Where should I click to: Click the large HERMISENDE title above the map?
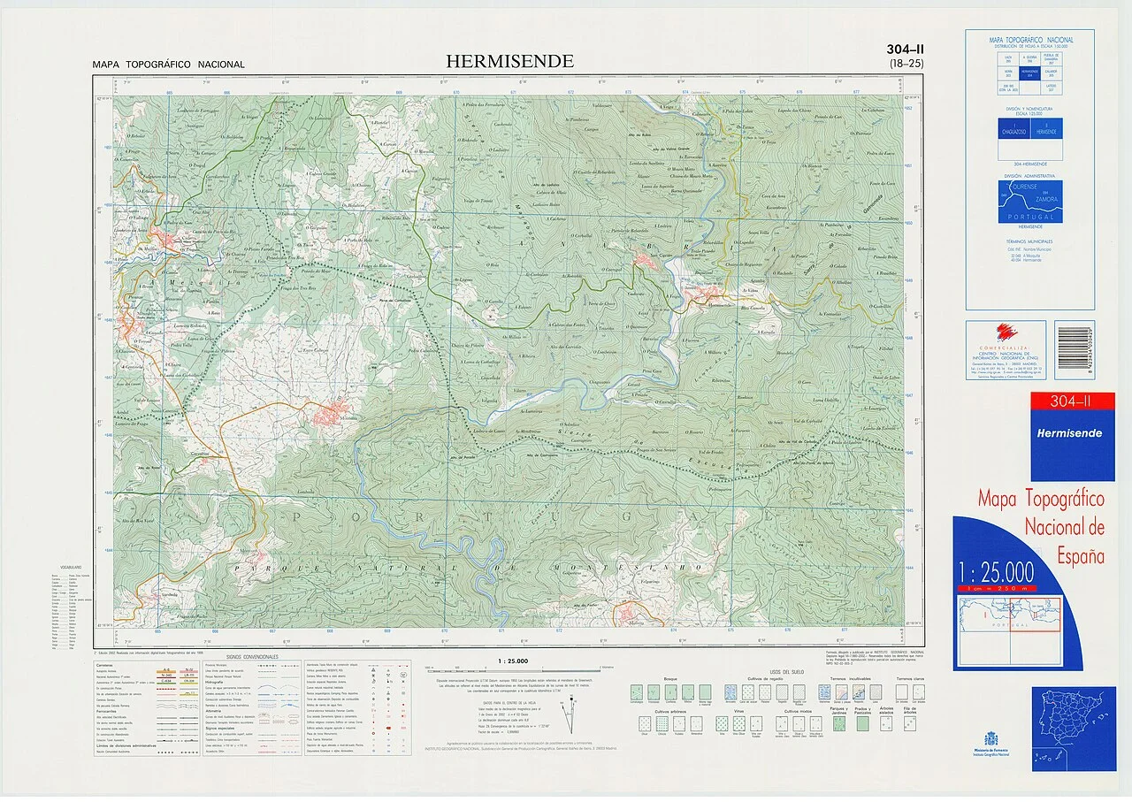point(509,62)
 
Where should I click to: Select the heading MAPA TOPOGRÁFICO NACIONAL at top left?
point(168,65)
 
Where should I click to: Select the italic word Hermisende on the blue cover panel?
point(1070,433)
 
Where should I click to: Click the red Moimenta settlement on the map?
point(331,414)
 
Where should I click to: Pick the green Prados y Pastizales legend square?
point(861,722)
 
